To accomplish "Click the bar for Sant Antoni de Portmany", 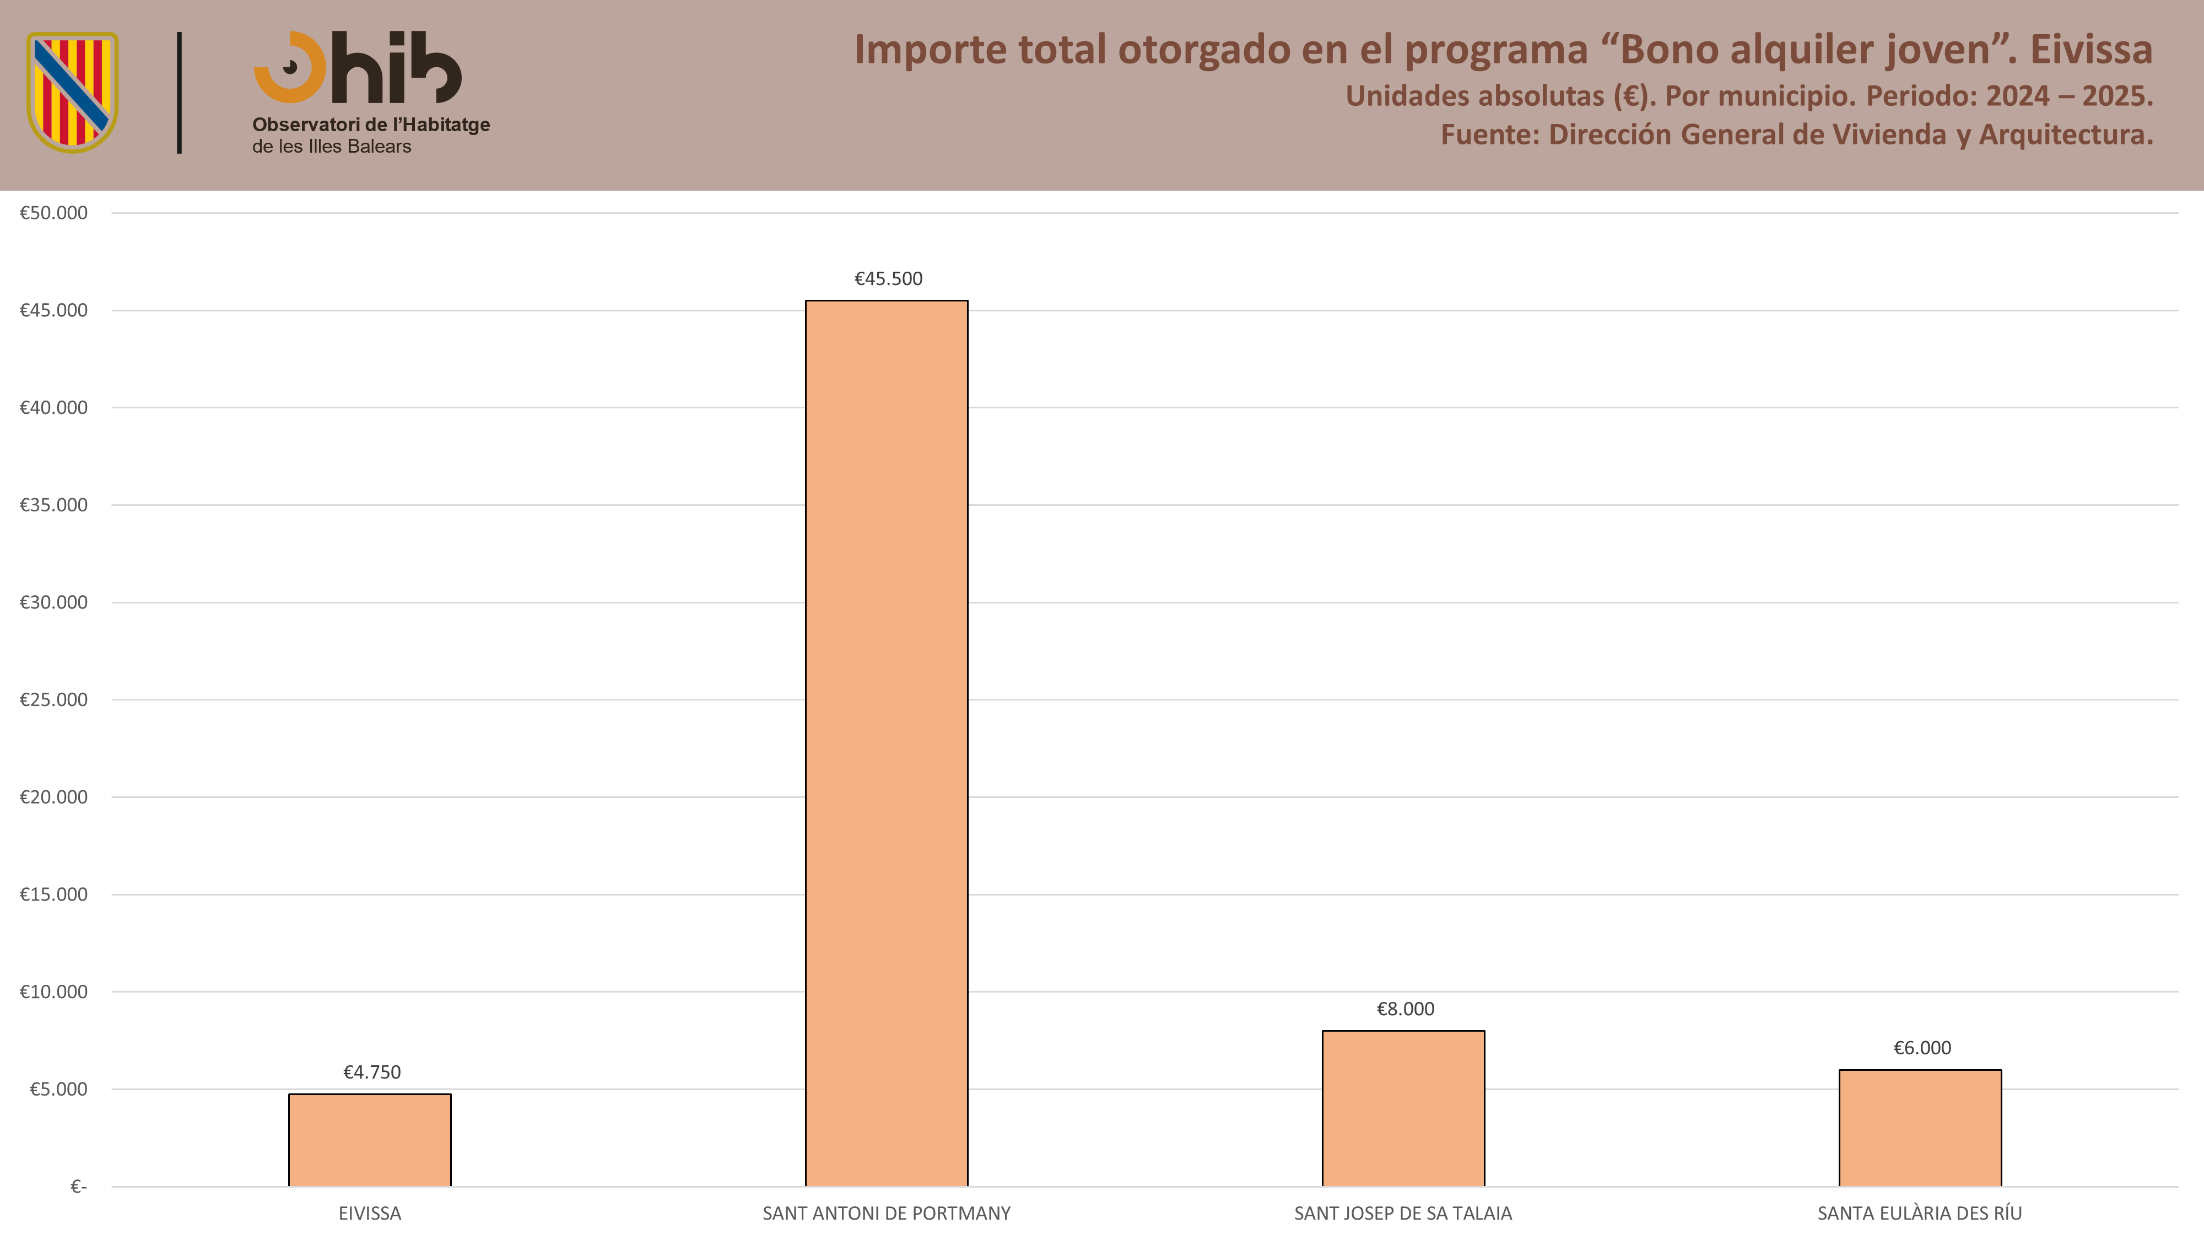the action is (x=887, y=743).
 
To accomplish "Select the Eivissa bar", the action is (x=370, y=1140).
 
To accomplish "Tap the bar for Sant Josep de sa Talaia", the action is (x=1403, y=1108).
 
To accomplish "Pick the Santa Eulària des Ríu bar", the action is (x=1920, y=1128).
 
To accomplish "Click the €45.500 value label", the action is (x=888, y=279).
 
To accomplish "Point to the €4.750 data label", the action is (x=371, y=1072).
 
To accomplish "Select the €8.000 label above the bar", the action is (x=1405, y=1009).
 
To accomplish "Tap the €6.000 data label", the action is (x=1922, y=1048).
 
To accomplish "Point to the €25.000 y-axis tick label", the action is (x=53, y=700).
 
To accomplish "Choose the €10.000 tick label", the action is (x=53, y=992).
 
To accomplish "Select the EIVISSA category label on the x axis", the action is (x=370, y=1214).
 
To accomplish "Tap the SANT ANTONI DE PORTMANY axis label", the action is (x=887, y=1214).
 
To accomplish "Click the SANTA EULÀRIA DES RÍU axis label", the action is (x=1920, y=1214).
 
